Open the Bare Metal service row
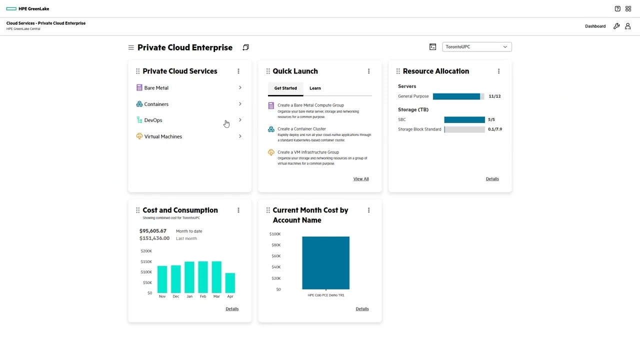156,88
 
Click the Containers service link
156,104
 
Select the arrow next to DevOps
240,120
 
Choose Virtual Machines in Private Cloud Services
163,136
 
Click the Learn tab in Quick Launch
315,88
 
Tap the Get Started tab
285,88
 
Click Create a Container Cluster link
301,129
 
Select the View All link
361,179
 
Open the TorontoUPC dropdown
476,47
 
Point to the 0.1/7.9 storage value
495,129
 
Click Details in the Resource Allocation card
492,179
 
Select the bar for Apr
230,282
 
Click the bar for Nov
162,279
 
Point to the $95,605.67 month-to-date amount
153,231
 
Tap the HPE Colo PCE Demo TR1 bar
325,262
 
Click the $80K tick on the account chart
275,245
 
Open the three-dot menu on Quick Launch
368,71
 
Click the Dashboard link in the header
595,26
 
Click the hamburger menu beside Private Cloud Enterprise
131,47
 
